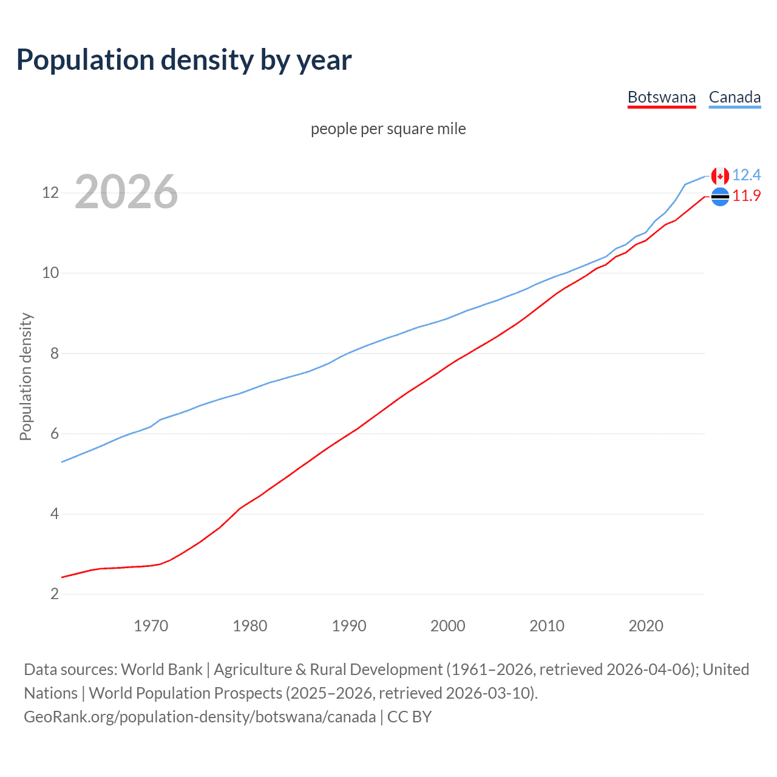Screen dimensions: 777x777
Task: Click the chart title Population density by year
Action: coord(184,60)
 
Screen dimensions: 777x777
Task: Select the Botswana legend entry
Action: coord(661,97)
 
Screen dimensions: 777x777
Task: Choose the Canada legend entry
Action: coord(735,97)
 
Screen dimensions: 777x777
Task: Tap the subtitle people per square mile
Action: coord(388,129)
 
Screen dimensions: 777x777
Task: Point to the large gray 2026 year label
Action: coord(126,192)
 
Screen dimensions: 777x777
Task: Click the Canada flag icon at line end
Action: coord(720,176)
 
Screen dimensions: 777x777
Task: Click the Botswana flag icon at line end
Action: coord(720,197)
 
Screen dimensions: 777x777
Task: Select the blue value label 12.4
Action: coord(746,175)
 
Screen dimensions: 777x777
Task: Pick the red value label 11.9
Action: coord(746,196)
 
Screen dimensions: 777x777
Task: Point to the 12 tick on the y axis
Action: coord(50,193)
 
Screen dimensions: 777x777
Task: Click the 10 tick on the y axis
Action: coord(50,273)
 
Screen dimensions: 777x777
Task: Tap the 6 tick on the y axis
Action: coord(54,433)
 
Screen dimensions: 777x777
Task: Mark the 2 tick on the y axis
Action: coord(54,594)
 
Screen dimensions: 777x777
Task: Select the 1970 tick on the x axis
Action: coord(151,626)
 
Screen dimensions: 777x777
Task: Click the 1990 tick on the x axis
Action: coord(349,626)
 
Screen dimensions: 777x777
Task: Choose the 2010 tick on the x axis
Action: coord(547,626)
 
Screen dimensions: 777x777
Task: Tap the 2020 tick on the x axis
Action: coord(646,626)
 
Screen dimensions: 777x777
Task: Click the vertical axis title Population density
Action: coord(25,376)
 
